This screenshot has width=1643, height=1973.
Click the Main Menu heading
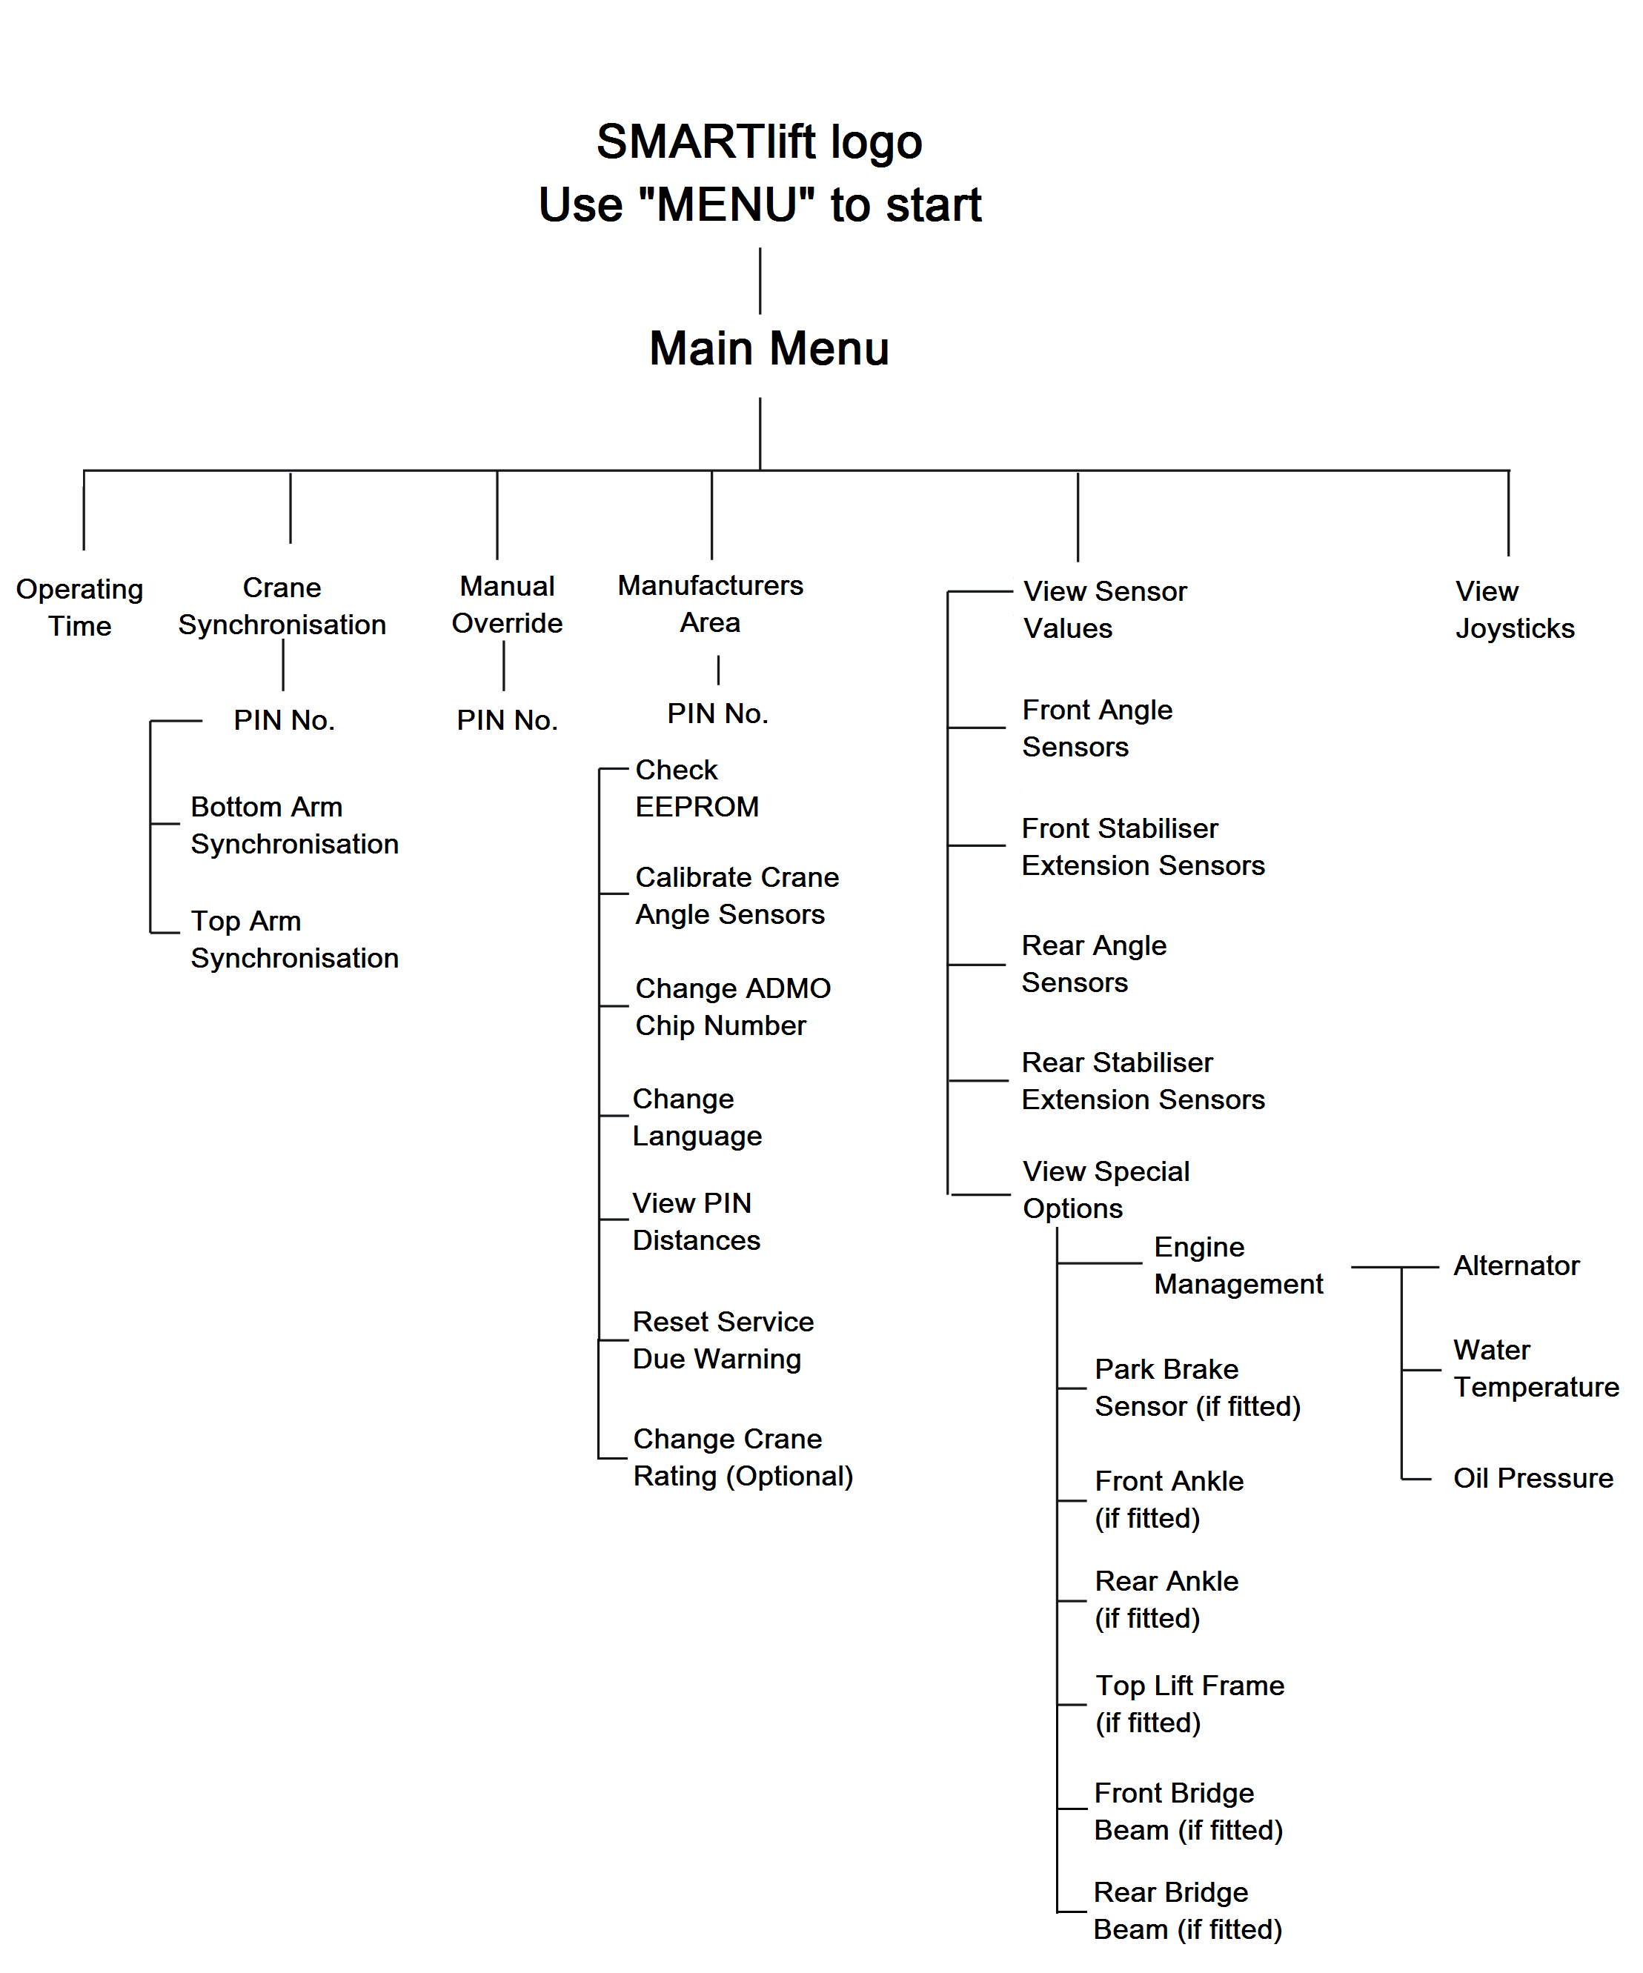pos(768,348)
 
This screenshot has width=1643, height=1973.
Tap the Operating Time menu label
pos(80,607)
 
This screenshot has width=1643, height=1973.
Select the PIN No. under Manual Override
pos(507,721)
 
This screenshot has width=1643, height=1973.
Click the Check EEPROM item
pos(696,788)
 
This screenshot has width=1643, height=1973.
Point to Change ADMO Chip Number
pos(732,1006)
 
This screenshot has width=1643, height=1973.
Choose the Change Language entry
pos(697,1117)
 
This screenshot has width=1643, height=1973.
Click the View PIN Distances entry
pos(696,1222)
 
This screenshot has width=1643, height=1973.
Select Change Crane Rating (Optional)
pos(742,1457)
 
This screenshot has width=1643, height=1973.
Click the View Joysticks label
pos(1513,610)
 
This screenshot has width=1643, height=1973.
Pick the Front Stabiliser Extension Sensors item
pos(1142,847)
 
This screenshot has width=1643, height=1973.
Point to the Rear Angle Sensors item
pos(1093,964)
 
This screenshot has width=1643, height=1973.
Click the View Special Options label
pos(1106,1189)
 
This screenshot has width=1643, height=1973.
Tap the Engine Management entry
pos(1237,1265)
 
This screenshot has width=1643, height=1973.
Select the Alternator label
pos(1516,1265)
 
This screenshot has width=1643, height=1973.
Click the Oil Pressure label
pos(1532,1478)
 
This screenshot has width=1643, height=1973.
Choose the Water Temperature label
pos(1535,1368)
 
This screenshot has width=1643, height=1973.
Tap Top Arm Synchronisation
pos(294,939)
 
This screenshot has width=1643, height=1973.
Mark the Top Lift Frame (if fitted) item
pos(1189,1703)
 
